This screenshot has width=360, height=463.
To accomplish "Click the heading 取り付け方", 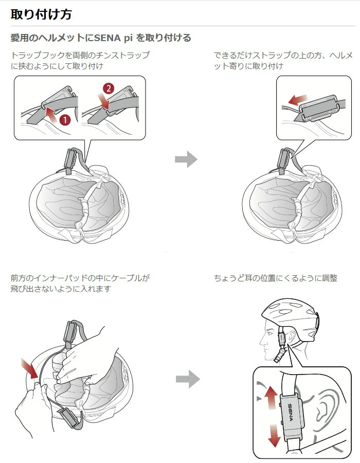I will [41, 14].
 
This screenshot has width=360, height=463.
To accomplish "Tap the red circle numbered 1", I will [65, 119].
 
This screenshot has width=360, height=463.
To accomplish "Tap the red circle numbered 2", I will [108, 88].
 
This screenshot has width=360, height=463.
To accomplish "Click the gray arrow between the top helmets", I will [186, 159].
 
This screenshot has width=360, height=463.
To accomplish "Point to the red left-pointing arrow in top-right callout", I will [297, 99].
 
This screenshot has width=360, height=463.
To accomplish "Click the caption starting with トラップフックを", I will [80, 60].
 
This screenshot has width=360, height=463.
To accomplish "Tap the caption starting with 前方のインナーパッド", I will [80, 283].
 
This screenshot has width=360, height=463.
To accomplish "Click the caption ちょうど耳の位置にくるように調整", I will [276, 278].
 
